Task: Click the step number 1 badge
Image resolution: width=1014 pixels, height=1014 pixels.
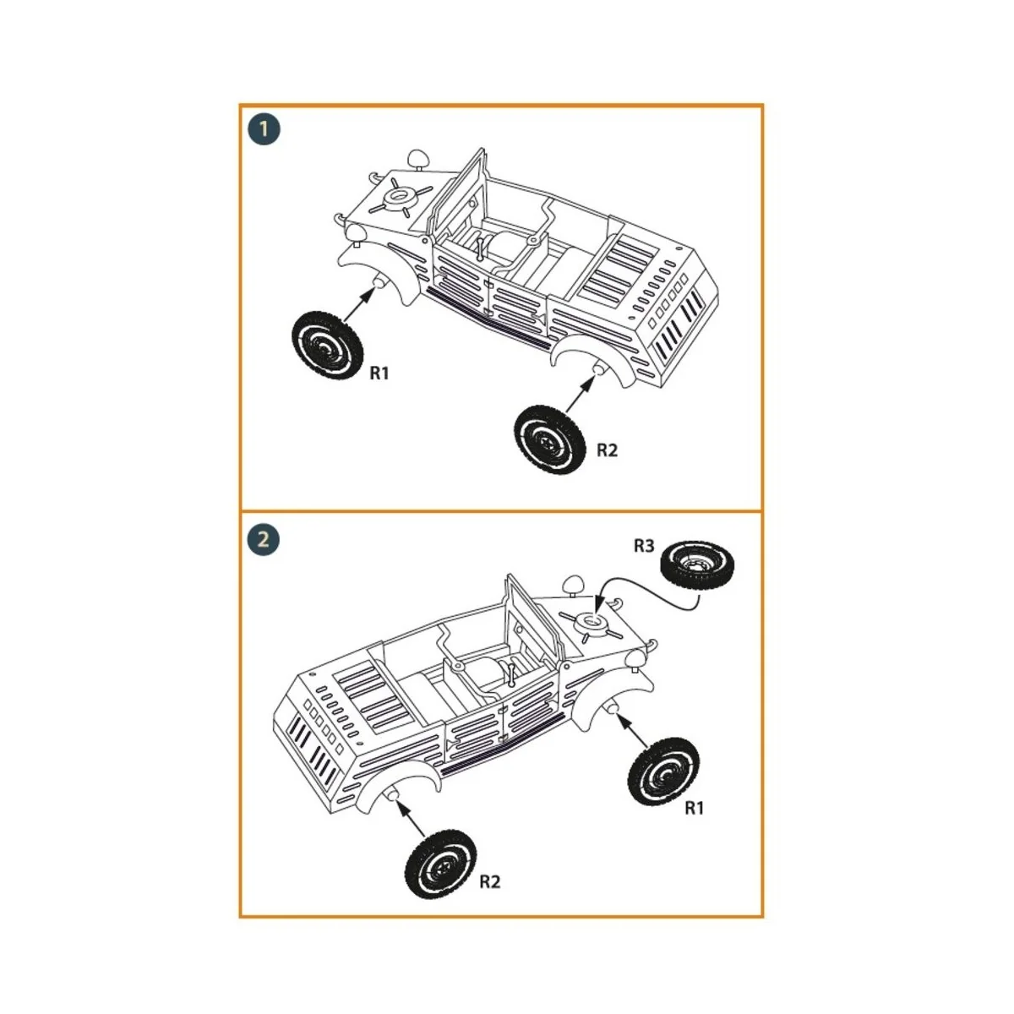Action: coord(264,129)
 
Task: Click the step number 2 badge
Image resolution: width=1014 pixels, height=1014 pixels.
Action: coord(264,538)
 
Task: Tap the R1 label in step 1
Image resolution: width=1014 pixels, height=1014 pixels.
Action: coord(379,373)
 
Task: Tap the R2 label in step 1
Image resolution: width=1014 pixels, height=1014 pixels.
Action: coord(607,450)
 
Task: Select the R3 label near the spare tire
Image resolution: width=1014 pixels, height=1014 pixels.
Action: coord(644,546)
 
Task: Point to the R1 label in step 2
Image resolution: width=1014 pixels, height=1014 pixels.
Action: coord(694,808)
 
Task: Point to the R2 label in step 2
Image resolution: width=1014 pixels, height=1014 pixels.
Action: coord(490,881)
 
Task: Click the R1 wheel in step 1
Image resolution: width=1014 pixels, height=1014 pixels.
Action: coord(327,345)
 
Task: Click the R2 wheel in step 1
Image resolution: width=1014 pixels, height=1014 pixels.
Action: coord(549,439)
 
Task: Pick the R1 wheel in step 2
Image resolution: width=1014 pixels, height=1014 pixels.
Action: coord(664,770)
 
